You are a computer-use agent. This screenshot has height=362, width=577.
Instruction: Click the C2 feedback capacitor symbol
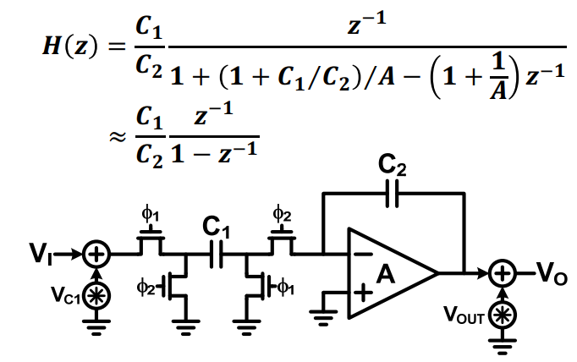point(392,194)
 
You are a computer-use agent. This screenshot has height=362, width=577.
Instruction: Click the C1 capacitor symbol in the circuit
point(216,255)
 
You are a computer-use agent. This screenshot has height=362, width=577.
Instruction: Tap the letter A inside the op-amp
point(385,274)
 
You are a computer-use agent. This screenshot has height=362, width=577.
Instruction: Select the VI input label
point(41,254)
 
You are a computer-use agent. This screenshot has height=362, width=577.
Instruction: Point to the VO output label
point(552,274)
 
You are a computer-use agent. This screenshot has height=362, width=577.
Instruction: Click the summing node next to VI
point(96,255)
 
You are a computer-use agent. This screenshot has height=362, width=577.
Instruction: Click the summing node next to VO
point(503,273)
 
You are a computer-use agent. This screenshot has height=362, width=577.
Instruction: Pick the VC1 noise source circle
point(96,297)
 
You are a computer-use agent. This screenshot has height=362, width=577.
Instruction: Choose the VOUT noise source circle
point(503,315)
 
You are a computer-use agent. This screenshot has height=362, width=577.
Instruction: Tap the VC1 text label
point(65,295)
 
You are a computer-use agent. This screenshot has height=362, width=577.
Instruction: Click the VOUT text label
point(464,315)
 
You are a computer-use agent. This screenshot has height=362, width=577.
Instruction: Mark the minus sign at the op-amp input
point(365,254)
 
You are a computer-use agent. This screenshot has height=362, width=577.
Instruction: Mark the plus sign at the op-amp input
point(363,293)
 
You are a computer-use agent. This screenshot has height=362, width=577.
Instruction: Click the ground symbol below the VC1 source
point(96,327)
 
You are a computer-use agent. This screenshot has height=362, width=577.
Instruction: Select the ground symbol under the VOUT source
point(503,347)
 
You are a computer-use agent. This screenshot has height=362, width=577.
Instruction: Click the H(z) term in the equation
point(71,47)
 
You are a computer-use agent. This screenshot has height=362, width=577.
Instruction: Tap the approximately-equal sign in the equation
point(118,137)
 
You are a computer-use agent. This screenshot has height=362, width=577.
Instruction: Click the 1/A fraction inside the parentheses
point(498,76)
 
